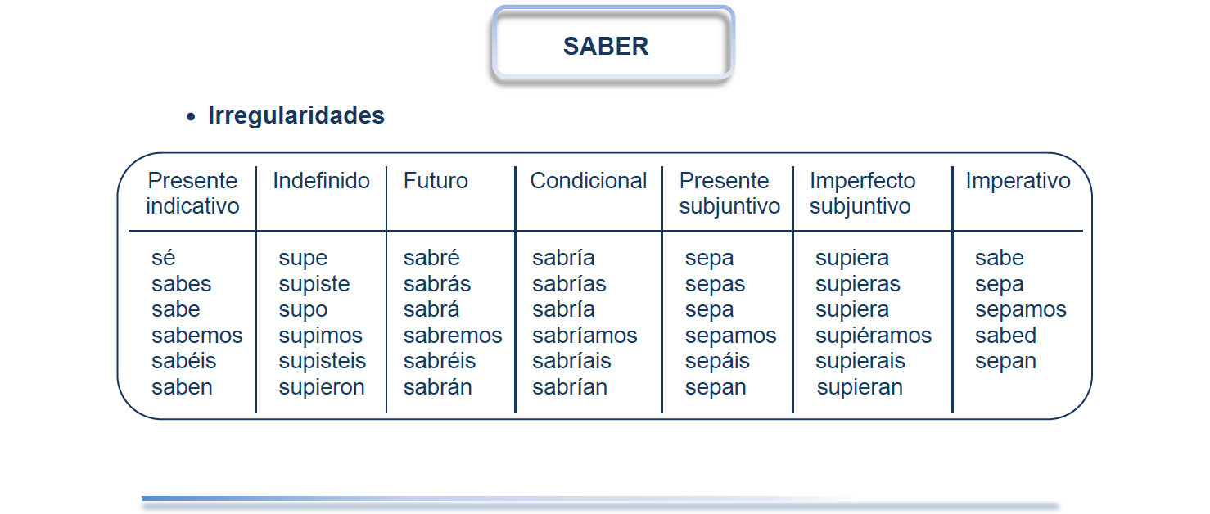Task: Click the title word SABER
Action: (606, 46)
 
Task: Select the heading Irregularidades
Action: (296, 115)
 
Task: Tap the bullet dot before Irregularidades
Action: (190, 116)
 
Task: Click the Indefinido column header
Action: (322, 180)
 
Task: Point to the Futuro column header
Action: (436, 180)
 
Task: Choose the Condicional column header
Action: (589, 180)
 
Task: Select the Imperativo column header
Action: (1018, 180)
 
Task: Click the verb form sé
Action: (163, 258)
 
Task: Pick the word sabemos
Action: (197, 336)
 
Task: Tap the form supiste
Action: (314, 285)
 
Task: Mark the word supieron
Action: (322, 388)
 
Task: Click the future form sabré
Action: (431, 258)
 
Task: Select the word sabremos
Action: (453, 336)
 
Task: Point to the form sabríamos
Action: (585, 336)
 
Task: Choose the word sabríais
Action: (571, 361)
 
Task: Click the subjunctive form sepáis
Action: (717, 362)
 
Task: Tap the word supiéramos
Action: (874, 336)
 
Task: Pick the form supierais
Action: (860, 362)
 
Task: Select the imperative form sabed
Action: (1006, 336)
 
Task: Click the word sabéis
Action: (183, 361)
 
